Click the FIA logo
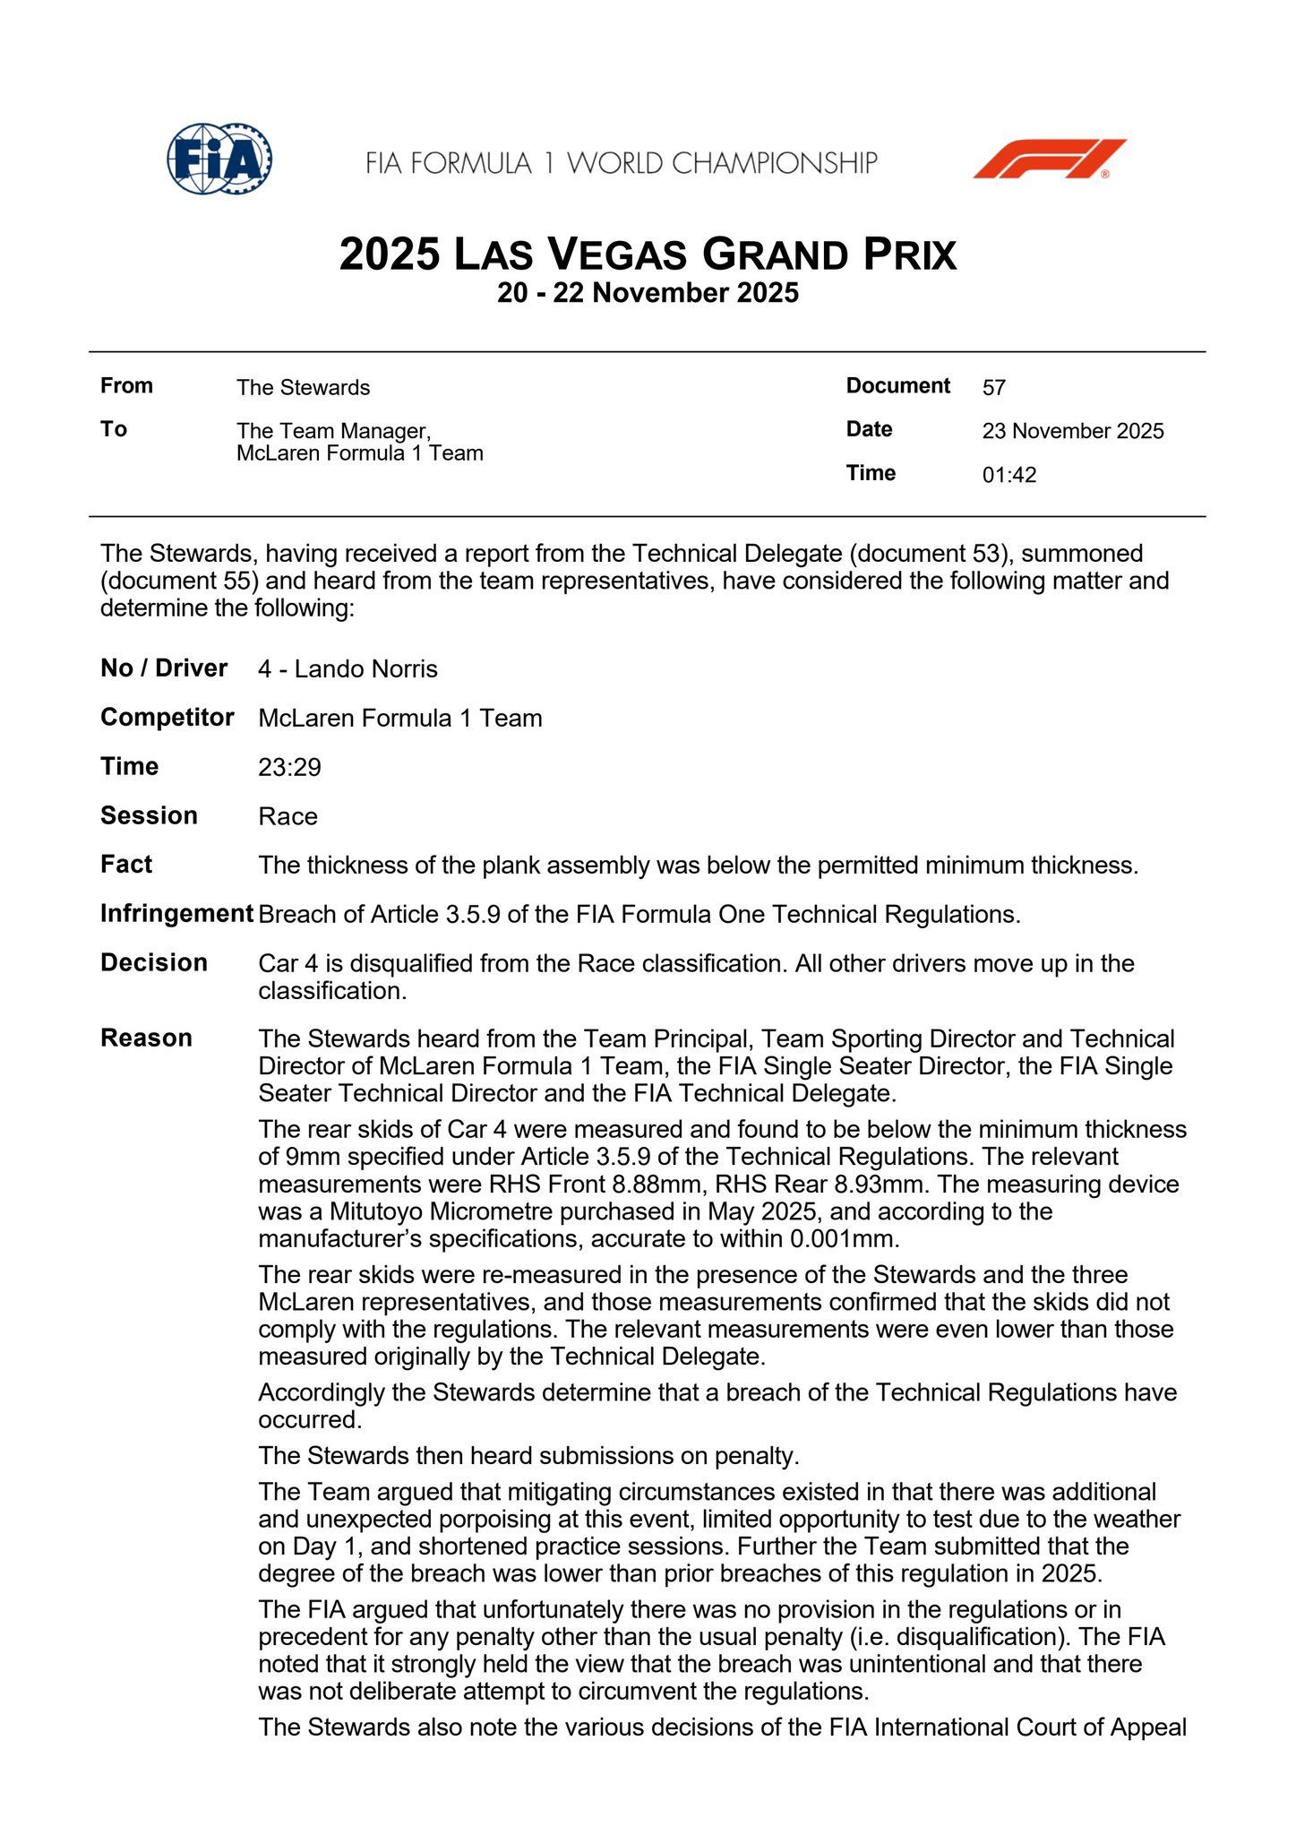[x=219, y=159]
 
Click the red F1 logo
[x=1050, y=159]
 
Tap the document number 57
[x=994, y=388]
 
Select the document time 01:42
[x=1009, y=475]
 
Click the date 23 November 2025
[x=1073, y=431]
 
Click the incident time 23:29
[x=289, y=767]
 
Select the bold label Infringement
[x=176, y=914]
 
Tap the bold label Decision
[x=154, y=962]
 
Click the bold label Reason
[x=146, y=1038]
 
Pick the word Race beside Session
[x=288, y=816]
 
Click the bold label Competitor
[x=167, y=718]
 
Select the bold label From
[x=126, y=385]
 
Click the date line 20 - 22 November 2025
[x=648, y=293]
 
